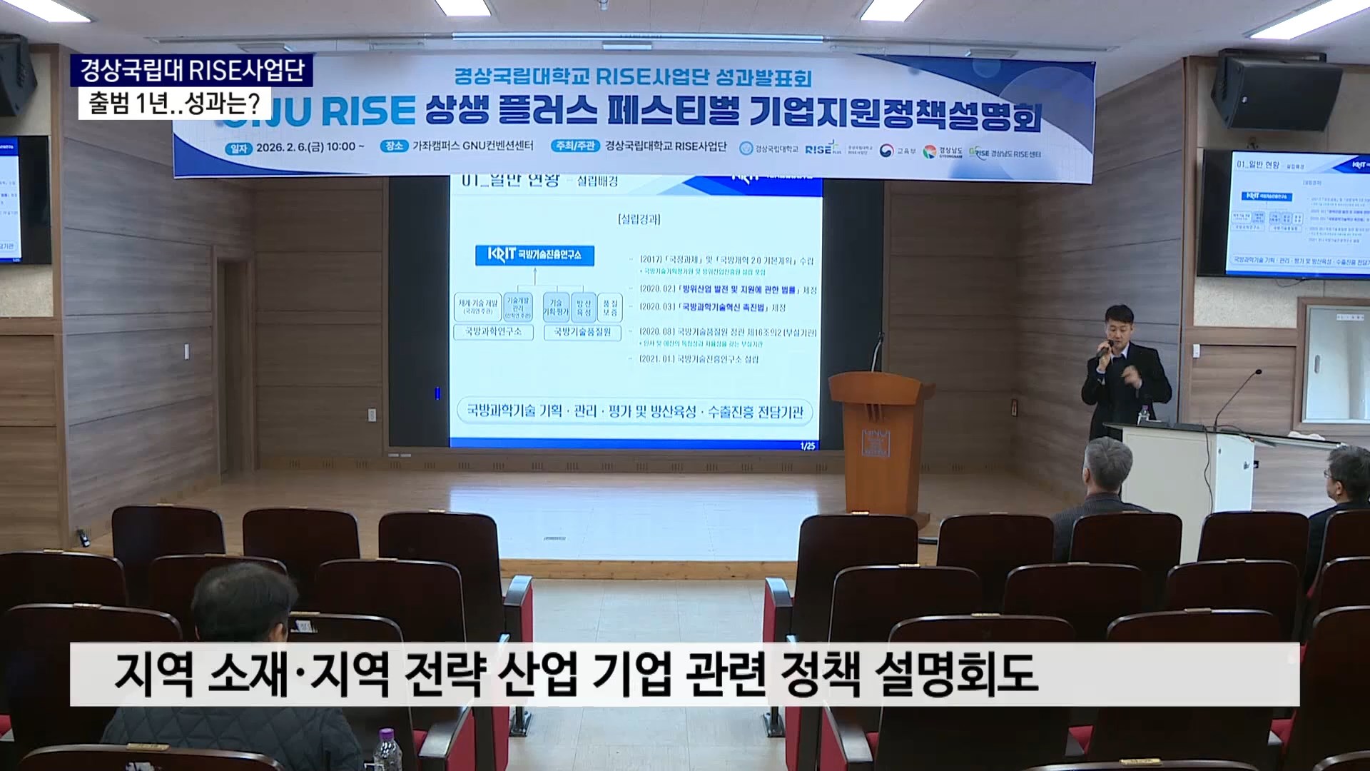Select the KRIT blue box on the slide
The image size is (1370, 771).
534,255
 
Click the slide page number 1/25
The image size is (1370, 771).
807,446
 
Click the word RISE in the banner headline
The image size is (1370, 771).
368,111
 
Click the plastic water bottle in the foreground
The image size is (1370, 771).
387,750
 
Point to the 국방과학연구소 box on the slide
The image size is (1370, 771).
493,332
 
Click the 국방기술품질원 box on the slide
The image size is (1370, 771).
582,332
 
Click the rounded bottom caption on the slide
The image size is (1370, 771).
634,412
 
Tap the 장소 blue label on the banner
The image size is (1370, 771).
394,146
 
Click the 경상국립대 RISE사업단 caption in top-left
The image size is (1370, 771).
192,70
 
